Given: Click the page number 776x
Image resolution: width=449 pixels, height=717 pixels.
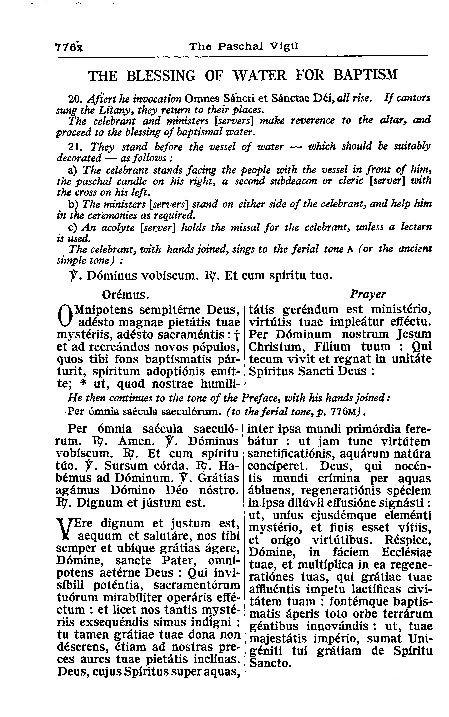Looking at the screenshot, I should pos(69,46).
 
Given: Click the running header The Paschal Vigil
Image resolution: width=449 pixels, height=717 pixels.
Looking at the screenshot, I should pos(244,46).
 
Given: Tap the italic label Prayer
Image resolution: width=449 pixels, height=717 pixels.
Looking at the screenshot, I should pos(368,293).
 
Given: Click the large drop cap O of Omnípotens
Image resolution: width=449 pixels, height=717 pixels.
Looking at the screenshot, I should pos(64,314).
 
